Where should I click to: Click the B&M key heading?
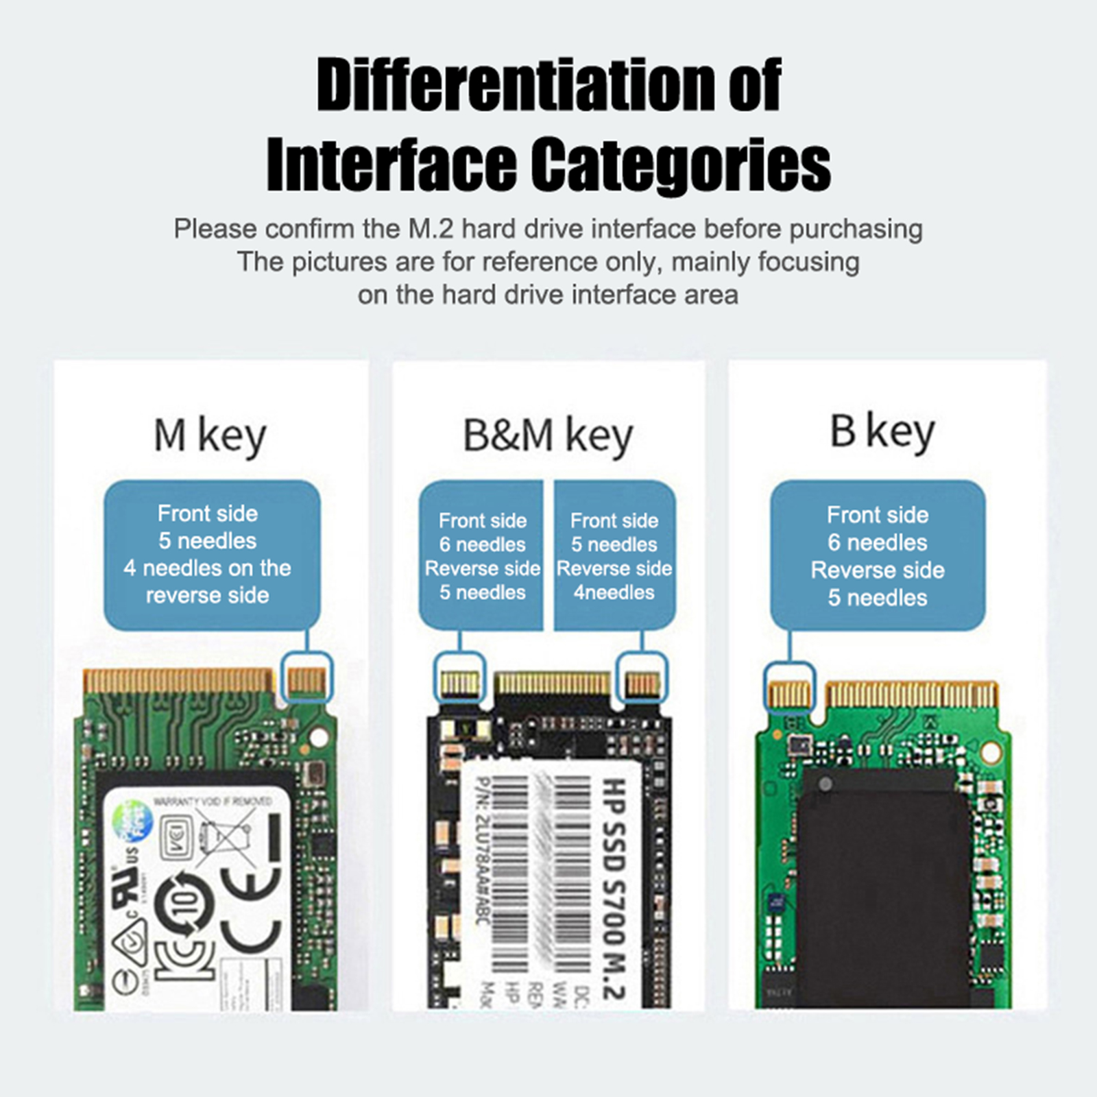(x=547, y=435)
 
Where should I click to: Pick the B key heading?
(x=882, y=432)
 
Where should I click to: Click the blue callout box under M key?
(x=211, y=554)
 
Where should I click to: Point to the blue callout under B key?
(x=878, y=555)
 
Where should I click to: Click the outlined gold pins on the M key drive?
(x=306, y=679)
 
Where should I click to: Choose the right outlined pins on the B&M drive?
(x=642, y=684)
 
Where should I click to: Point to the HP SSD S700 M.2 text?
(x=614, y=891)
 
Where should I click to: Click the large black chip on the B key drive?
(x=884, y=884)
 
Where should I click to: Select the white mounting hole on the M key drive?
(x=319, y=738)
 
